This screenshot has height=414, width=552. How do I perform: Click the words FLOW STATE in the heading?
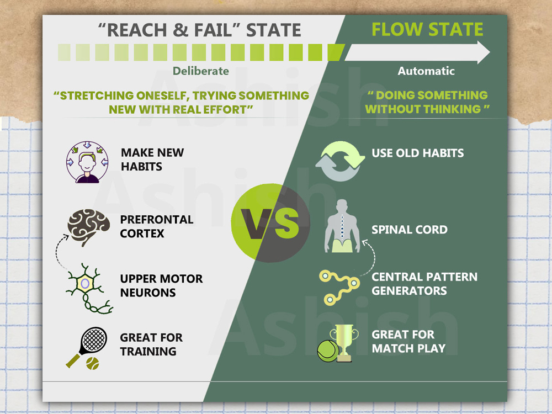point(427,29)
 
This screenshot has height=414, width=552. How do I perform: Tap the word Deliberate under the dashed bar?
point(200,71)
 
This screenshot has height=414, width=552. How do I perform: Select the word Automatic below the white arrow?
point(426,71)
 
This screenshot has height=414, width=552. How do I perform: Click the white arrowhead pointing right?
point(483,52)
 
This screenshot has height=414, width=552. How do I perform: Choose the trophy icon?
point(343,342)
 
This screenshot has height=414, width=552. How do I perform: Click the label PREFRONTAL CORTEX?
point(157,226)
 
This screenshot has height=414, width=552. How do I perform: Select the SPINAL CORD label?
point(409,230)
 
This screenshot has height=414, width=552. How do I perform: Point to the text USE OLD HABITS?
point(418,153)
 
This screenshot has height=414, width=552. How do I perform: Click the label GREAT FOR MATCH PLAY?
point(408,341)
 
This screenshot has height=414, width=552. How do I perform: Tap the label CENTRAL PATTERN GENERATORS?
point(424,284)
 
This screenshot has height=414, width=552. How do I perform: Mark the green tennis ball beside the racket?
point(92,363)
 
